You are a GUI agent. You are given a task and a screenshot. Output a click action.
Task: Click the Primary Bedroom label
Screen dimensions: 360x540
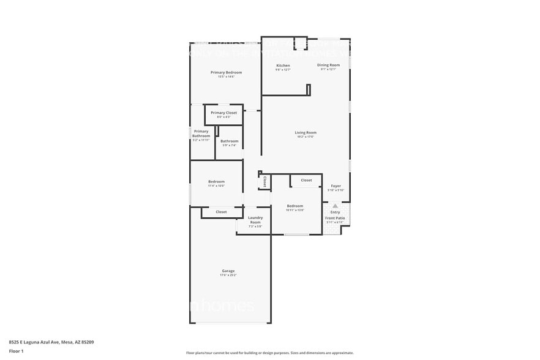point(226,72)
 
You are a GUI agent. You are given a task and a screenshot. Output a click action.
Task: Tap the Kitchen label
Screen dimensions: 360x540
point(283,66)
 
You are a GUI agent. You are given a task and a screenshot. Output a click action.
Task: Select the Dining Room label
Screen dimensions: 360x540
point(328,65)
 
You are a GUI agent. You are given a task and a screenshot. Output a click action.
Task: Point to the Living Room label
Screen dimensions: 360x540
point(306,132)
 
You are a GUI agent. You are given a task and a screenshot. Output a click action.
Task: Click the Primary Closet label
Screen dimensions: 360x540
point(223,113)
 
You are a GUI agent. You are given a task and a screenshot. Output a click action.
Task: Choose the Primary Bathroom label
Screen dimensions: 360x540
point(201,133)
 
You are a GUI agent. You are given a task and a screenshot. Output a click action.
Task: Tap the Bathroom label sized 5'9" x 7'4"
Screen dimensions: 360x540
point(230,141)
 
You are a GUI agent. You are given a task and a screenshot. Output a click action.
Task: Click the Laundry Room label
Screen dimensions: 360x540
point(255,220)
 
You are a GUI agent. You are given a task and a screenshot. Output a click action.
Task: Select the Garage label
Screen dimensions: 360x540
point(228,271)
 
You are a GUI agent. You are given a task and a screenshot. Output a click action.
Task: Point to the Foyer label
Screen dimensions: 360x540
point(336,186)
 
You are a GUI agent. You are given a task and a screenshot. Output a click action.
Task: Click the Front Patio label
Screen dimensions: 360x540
point(335,218)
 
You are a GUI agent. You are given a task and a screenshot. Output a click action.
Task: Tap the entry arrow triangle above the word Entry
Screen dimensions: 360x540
point(335,206)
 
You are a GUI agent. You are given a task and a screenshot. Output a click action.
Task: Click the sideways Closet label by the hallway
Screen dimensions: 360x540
point(264,182)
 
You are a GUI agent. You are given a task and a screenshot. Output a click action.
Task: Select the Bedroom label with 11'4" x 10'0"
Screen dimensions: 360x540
point(216,181)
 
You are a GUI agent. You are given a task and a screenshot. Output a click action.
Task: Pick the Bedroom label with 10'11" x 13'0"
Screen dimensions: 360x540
point(295,206)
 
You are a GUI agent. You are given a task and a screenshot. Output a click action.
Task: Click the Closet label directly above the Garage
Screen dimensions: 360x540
point(221,212)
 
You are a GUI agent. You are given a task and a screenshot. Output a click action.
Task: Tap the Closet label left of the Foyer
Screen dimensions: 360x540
point(306,180)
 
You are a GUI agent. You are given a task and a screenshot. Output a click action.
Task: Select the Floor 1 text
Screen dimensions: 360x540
point(16,351)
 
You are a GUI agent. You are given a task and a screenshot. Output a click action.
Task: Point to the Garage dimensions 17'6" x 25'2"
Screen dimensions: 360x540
point(228,276)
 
